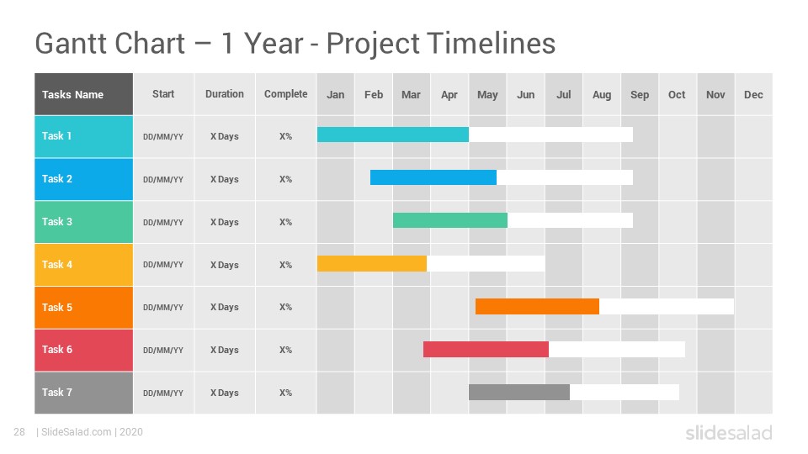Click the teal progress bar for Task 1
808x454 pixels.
pos(393,135)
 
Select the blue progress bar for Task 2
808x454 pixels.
pos(433,177)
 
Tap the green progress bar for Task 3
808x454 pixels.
pos(449,220)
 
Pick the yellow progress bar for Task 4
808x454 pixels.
pos(371,263)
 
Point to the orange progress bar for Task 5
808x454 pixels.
pos(537,306)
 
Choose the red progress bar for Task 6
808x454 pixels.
pos(486,349)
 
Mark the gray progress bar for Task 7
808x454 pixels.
pos(519,393)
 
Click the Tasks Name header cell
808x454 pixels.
pos(83,94)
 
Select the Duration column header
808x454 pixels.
pos(224,94)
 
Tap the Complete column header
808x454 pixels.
pos(285,94)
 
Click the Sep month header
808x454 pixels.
pos(640,94)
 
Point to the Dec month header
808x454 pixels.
pos(753,94)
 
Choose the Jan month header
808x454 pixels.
pos(336,94)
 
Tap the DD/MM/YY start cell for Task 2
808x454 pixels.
pos(163,180)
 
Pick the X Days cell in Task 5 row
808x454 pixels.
pos(224,308)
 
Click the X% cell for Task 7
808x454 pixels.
pos(285,393)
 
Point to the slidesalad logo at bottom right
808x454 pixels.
pos(729,432)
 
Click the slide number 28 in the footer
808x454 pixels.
pos(19,432)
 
